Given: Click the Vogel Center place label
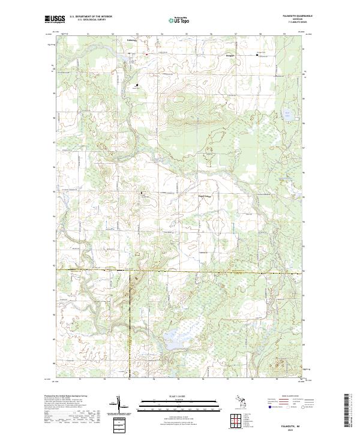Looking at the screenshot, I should (205, 196).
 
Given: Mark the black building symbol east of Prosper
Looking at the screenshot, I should (258, 55).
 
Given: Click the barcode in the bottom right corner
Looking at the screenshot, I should (348, 411).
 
